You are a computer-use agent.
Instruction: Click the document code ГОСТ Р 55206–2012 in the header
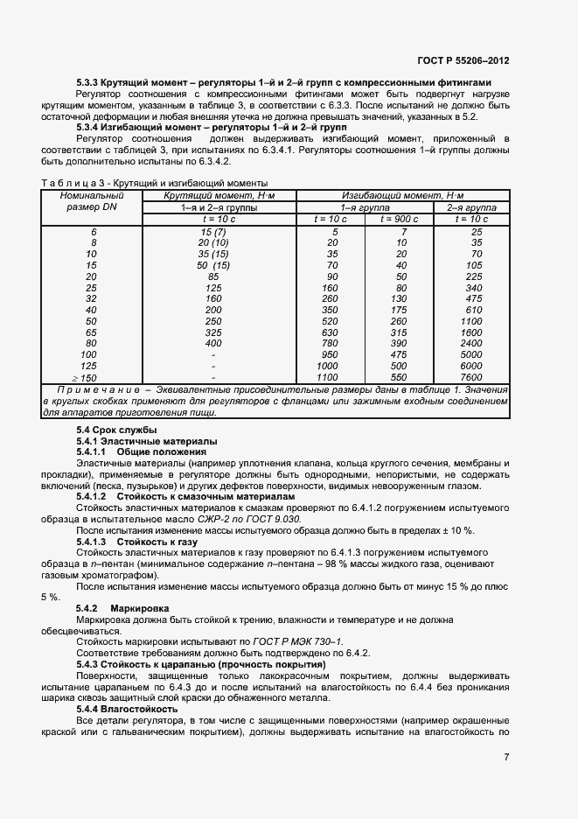coord(463,61)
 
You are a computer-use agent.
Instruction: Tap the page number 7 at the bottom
coord(506,758)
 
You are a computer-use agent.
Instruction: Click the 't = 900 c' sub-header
coord(400,218)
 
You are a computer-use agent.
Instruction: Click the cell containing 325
coord(213,332)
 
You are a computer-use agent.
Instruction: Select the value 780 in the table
coord(330,343)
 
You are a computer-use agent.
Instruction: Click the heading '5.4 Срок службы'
coord(116,430)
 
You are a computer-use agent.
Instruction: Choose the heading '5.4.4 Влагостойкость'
coord(127,709)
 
